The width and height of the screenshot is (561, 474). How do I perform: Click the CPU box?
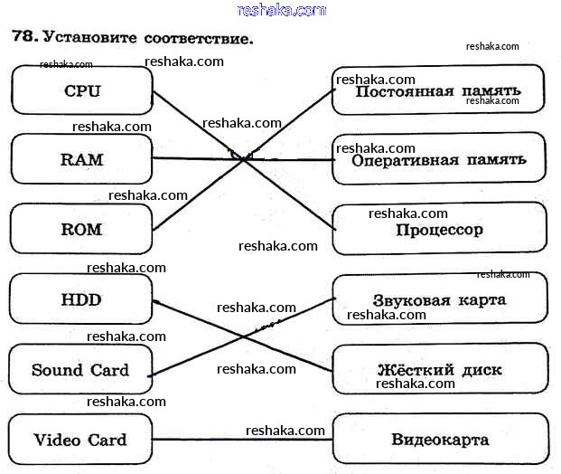pyautogui.click(x=82, y=90)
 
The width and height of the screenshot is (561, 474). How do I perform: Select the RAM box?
pyautogui.click(x=82, y=160)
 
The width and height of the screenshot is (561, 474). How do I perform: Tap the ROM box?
pyautogui.click(x=82, y=229)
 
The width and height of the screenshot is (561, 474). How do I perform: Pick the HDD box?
pyautogui.click(x=82, y=299)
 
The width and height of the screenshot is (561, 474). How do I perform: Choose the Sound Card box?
pyautogui.click(x=80, y=370)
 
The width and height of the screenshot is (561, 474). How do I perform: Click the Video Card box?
pyautogui.click(x=80, y=441)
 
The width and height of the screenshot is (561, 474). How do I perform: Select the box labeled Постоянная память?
pyautogui.click(x=439, y=91)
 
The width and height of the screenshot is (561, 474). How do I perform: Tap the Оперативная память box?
pyautogui.click(x=439, y=160)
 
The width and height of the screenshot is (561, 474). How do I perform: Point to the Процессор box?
pyautogui.click(x=439, y=229)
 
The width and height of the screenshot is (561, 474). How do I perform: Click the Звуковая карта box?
pyautogui.click(x=439, y=299)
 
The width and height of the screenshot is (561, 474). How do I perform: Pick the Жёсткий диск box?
pyautogui.click(x=439, y=370)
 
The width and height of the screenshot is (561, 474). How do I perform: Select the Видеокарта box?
pyautogui.click(x=440, y=441)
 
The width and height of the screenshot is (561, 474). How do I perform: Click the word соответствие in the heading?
pyautogui.click(x=198, y=39)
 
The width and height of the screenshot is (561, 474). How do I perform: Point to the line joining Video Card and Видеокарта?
pyautogui.click(x=243, y=441)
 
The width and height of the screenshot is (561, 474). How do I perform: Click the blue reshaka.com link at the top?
pyautogui.click(x=281, y=10)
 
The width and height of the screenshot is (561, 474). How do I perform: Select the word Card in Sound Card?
pyautogui.click(x=108, y=370)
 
